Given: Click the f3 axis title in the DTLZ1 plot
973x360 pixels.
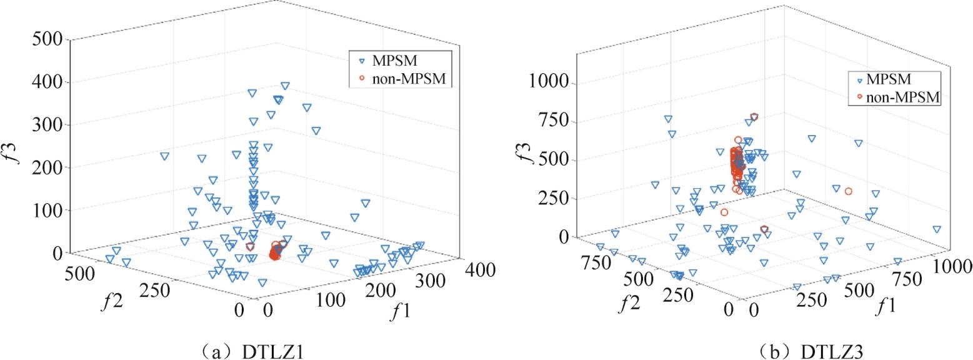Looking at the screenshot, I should [x=18, y=151].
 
